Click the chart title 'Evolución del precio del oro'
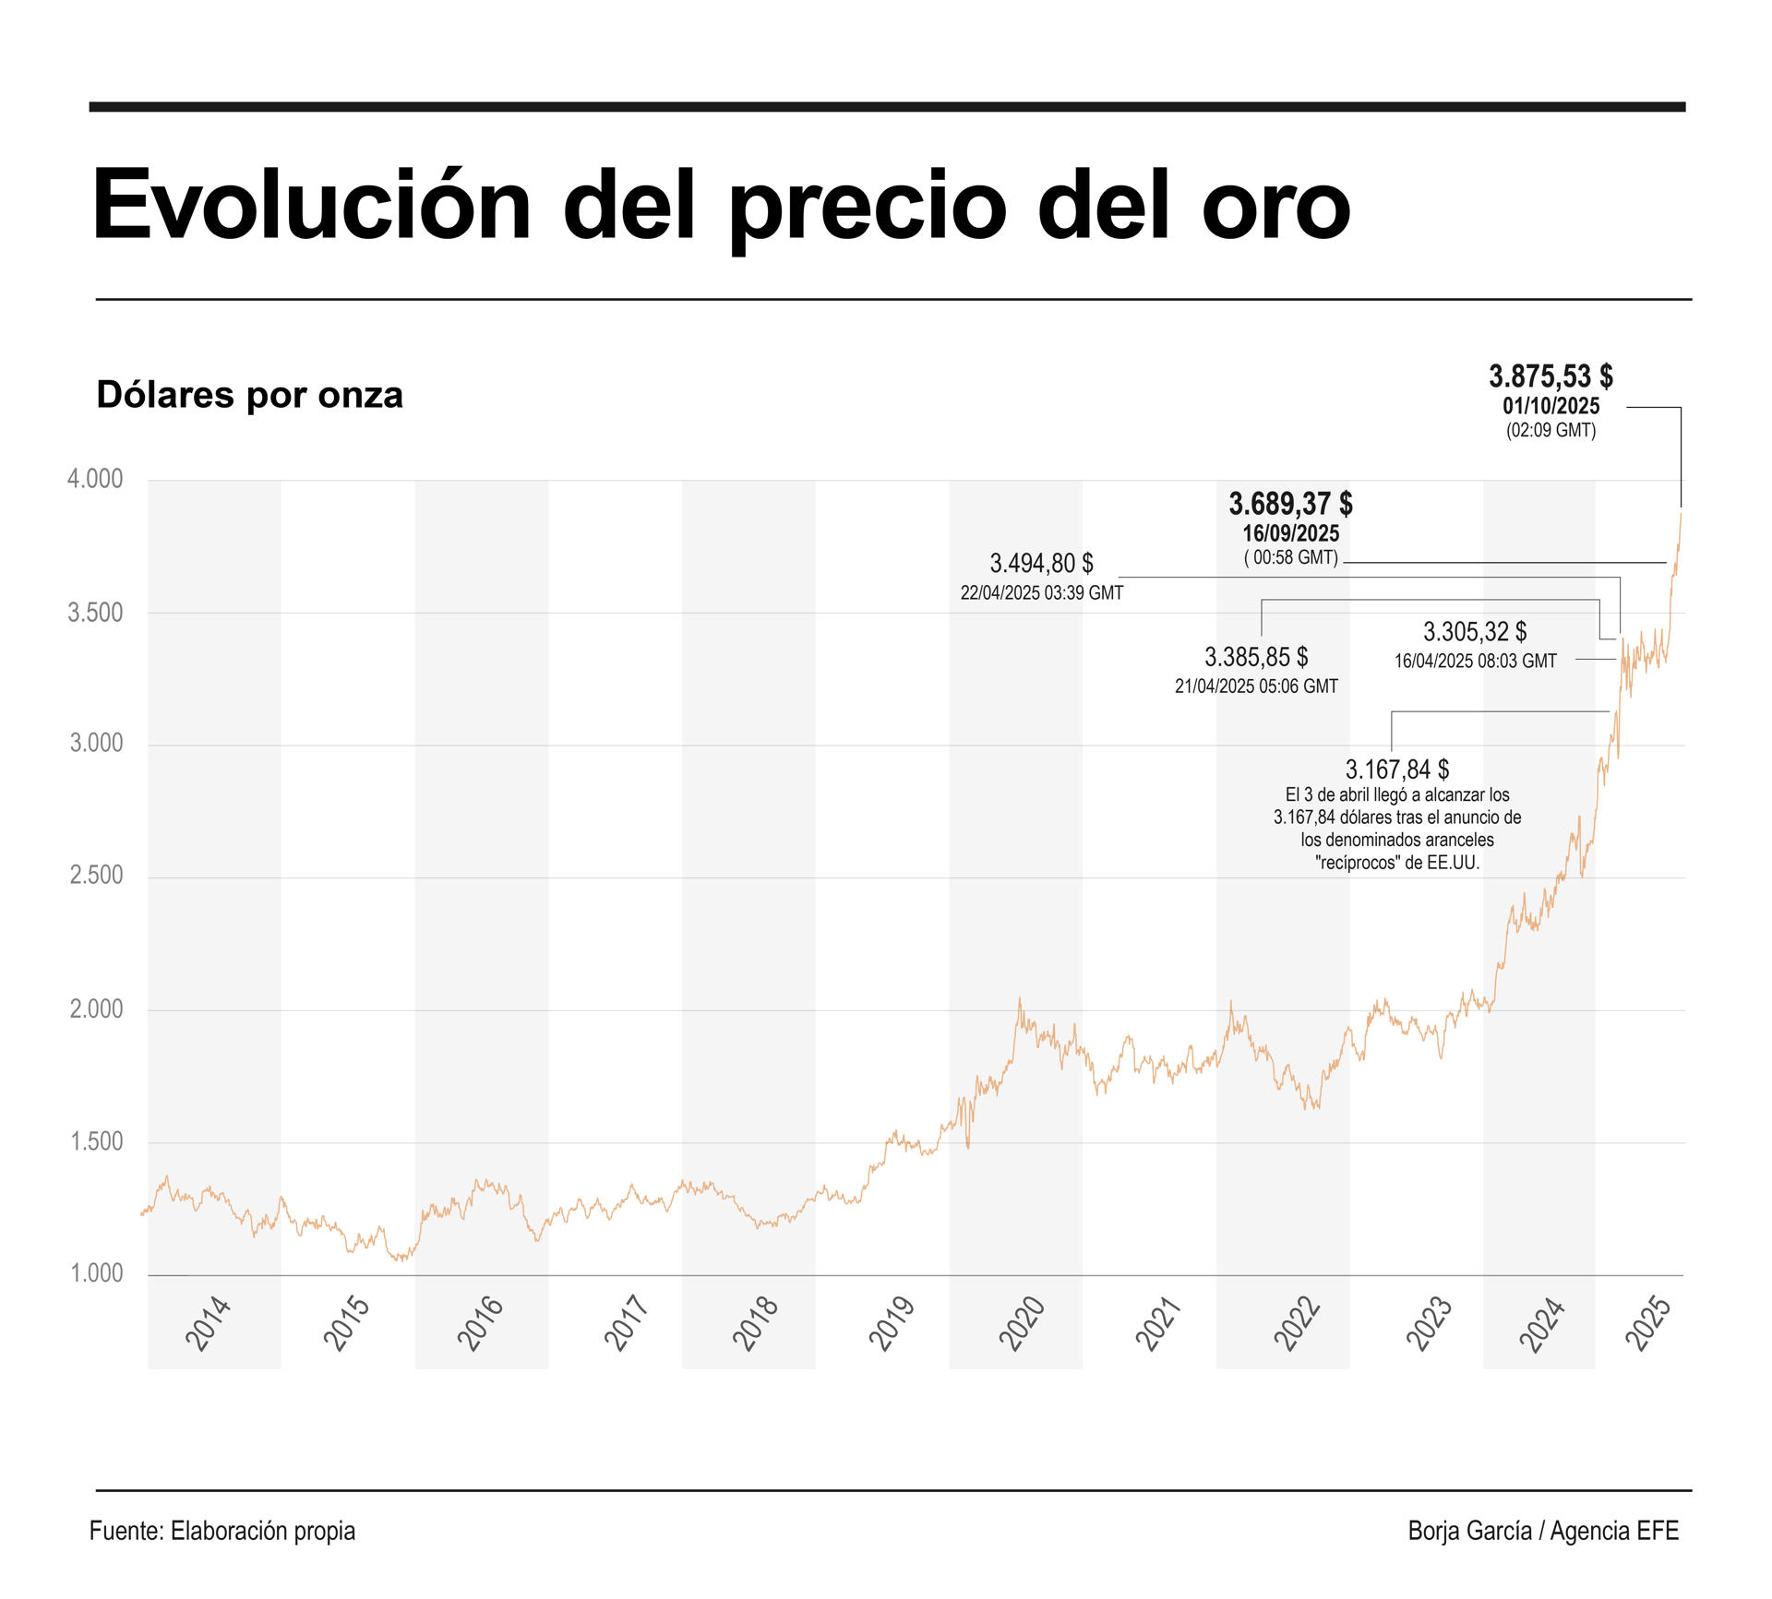click(720, 205)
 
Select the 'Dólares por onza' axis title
click(249, 395)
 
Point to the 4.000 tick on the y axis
click(95, 479)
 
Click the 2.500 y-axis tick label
click(96, 875)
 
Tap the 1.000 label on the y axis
click(97, 1273)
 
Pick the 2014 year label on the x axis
click(209, 1324)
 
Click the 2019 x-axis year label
click(892, 1324)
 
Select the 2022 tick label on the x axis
click(1298, 1324)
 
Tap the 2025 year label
click(1649, 1324)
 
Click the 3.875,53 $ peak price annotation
click(1550, 376)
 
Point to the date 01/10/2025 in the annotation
click(1550, 406)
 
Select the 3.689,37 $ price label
click(1290, 504)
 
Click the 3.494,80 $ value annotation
click(1041, 563)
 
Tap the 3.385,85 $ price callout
click(1256, 657)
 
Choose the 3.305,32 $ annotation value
click(1475, 632)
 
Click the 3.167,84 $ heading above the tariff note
click(1397, 770)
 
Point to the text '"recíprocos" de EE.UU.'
click(1397, 863)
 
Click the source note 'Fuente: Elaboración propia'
click(222, 1531)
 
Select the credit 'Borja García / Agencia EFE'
click(1543, 1531)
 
